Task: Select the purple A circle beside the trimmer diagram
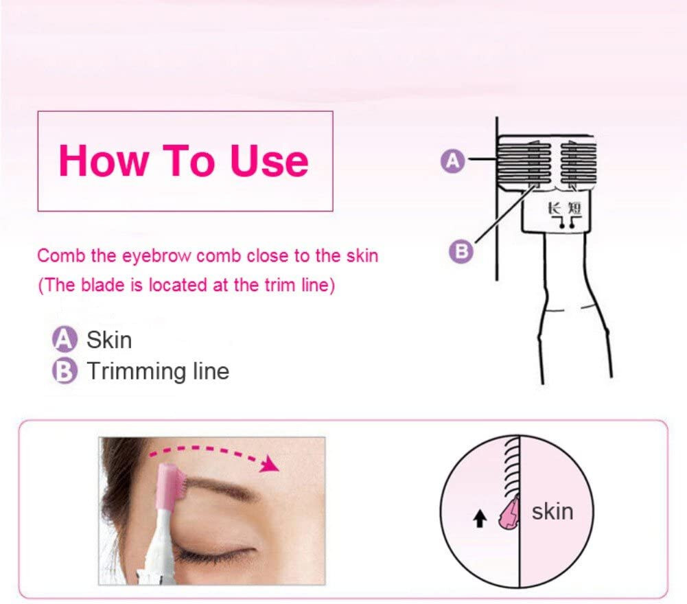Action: tap(452, 161)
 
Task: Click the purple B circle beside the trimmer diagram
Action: tap(462, 252)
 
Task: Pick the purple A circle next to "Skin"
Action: tap(63, 340)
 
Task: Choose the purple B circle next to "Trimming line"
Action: tap(63, 371)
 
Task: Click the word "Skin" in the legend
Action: tap(109, 340)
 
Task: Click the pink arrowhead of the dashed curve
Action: tap(272, 466)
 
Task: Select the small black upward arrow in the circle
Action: tap(481, 520)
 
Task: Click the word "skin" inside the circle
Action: tap(552, 511)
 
